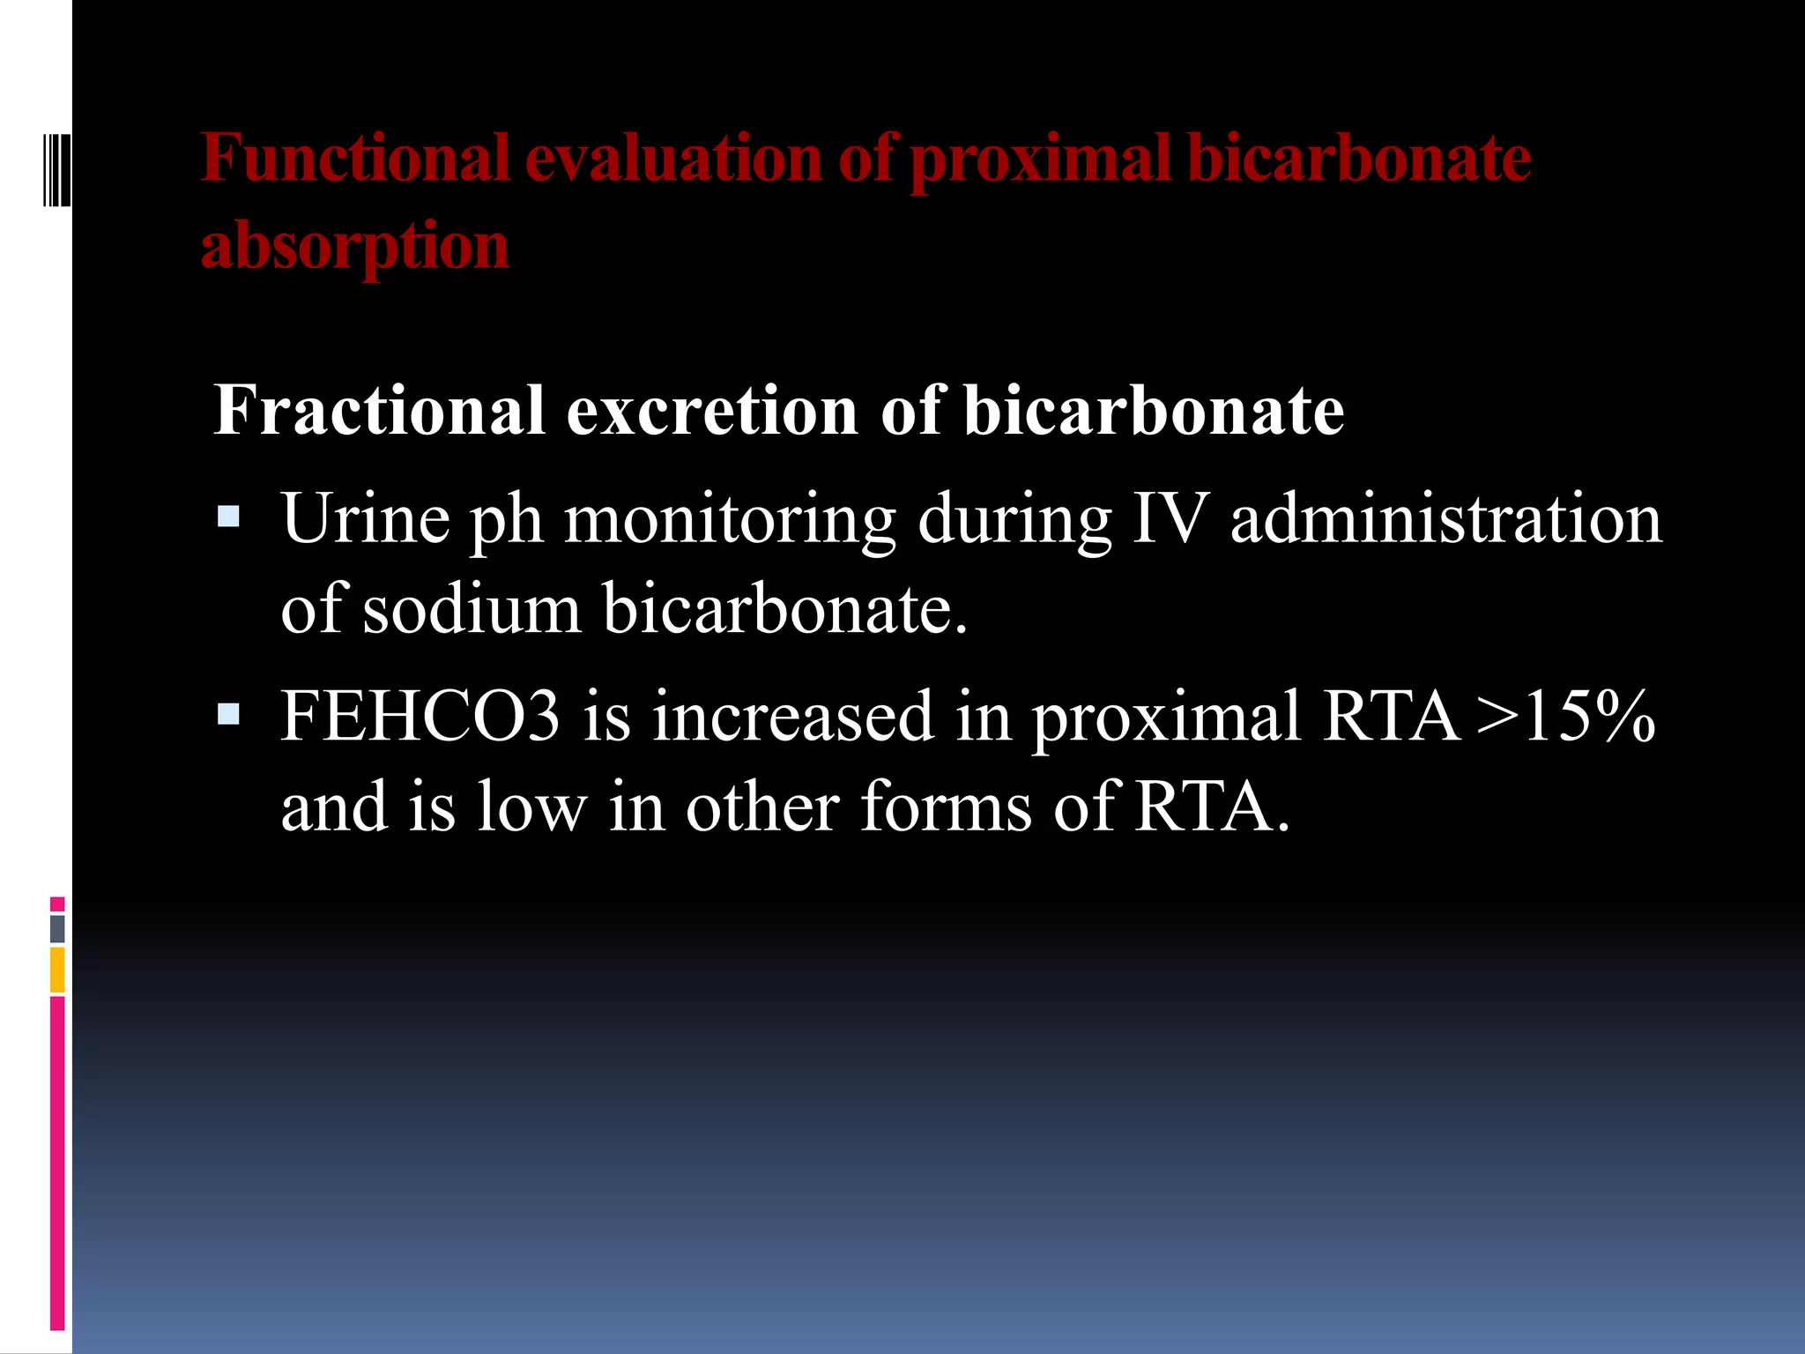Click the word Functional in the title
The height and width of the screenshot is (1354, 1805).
point(355,159)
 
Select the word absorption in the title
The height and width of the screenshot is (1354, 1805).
point(355,247)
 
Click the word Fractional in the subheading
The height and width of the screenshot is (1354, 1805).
point(379,411)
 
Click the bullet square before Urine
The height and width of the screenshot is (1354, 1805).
point(228,516)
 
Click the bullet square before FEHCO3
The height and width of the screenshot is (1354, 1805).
point(228,713)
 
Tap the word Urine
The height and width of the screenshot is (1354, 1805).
point(365,519)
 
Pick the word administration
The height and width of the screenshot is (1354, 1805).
point(1445,519)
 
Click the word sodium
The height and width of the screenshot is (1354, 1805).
point(472,609)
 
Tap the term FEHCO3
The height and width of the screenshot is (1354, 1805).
point(420,716)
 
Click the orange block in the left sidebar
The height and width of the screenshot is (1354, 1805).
point(57,970)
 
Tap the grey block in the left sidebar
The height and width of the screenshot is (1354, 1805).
point(57,928)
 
